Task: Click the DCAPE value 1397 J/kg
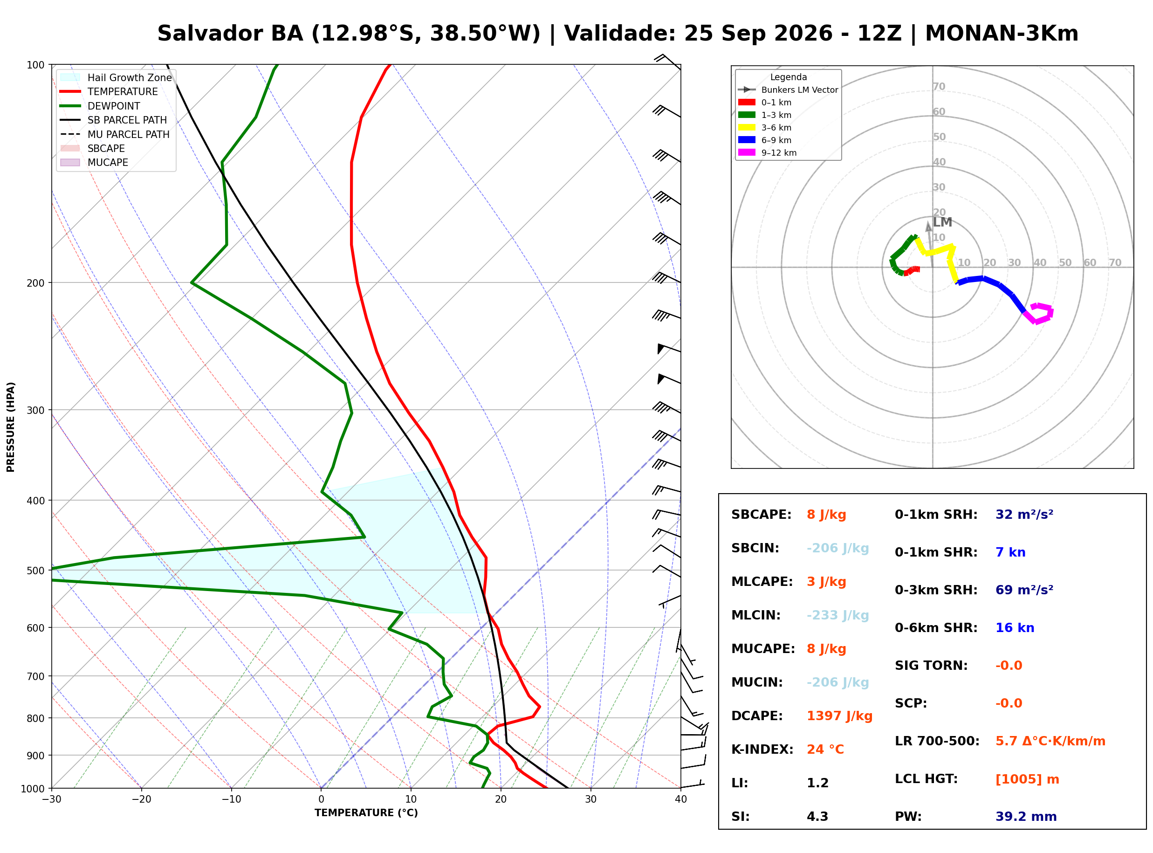839,716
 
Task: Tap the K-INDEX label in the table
762,750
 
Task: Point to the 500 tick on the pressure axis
35,571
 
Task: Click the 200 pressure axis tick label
35,283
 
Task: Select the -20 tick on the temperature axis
141,799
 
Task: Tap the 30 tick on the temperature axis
591,799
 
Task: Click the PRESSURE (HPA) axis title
11,427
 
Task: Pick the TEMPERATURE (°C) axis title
366,813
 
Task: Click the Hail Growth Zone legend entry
116,77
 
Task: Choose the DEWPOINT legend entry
100,106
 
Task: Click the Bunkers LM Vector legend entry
788,90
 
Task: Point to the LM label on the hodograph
942,222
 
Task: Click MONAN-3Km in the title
1002,34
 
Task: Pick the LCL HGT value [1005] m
1027,779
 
